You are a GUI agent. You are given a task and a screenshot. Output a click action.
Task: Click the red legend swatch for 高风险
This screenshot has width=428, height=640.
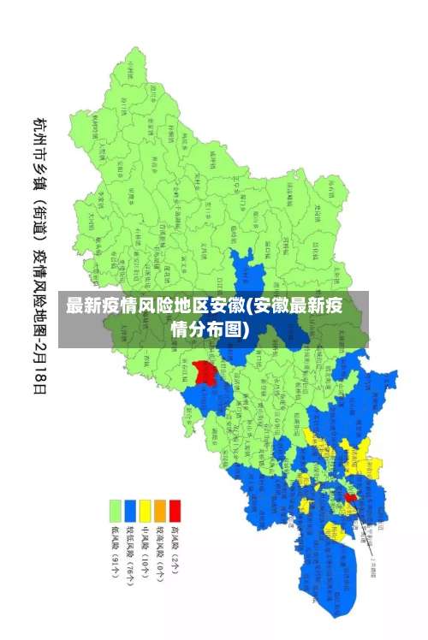click(x=175, y=512)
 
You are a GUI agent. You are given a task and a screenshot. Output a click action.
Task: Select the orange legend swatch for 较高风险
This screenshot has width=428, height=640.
click(x=160, y=512)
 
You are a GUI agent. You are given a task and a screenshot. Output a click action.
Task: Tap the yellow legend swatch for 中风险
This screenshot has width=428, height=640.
click(x=145, y=512)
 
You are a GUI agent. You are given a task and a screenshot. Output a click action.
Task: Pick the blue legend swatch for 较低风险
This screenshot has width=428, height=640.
click(x=129, y=512)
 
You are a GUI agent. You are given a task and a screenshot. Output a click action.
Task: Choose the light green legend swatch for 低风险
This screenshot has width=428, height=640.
click(x=114, y=512)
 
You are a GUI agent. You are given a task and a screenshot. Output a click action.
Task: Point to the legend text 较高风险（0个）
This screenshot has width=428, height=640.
click(x=160, y=552)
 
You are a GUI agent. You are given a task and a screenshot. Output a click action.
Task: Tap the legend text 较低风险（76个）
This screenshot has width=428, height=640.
click(x=129, y=554)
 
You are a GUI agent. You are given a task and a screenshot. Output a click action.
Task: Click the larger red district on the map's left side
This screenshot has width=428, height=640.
click(x=204, y=373)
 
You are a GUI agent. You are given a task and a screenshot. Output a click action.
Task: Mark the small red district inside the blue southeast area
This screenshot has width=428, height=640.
click(x=350, y=497)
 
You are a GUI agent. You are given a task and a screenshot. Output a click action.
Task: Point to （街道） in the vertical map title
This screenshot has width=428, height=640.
click(x=39, y=217)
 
